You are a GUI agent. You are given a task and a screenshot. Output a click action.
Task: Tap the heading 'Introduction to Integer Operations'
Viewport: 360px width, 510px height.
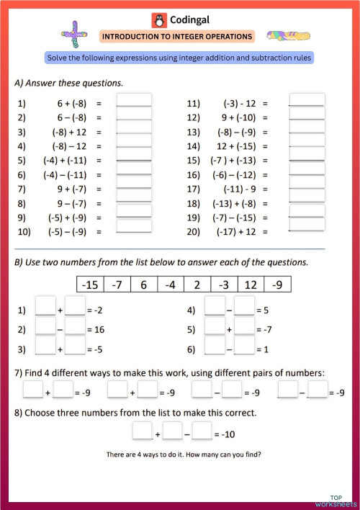point(177,36)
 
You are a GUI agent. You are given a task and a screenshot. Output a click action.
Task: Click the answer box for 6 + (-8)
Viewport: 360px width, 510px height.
point(134,102)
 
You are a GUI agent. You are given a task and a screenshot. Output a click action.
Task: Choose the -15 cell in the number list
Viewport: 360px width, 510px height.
point(90,285)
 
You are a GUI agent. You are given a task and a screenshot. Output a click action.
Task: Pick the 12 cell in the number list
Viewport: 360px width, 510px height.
point(250,285)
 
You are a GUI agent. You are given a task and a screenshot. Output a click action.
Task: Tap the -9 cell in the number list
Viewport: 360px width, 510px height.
point(277,285)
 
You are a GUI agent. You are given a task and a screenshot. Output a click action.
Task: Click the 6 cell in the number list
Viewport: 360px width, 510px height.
point(143,285)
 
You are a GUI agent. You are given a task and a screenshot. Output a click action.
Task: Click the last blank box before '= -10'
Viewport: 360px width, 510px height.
point(202,432)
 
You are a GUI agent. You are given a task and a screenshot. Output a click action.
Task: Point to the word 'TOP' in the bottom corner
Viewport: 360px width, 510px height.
point(336,497)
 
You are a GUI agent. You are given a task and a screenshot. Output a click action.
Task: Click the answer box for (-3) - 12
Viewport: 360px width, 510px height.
point(307,102)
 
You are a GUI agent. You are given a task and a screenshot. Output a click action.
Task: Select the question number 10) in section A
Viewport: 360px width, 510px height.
point(24,232)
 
